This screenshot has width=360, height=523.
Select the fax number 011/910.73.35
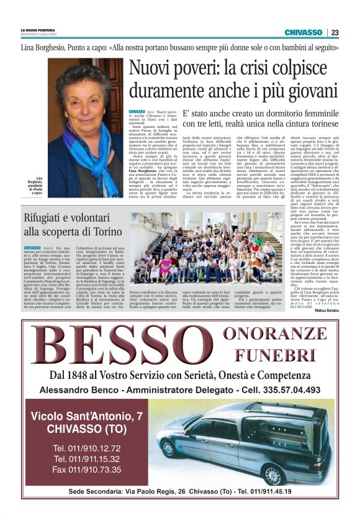pyautogui.click(x=86, y=470)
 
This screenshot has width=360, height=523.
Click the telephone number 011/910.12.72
pyautogui.click(x=86, y=448)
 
